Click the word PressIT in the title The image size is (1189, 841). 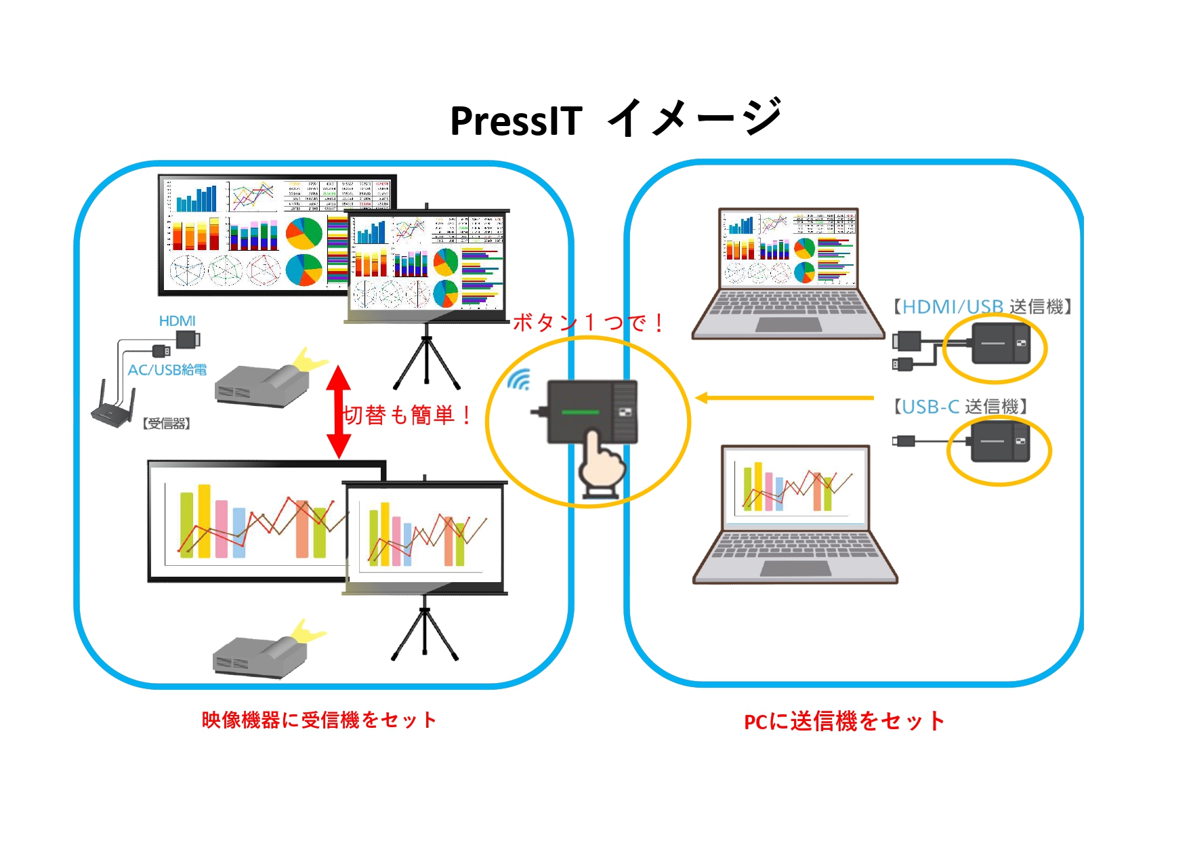[516, 121]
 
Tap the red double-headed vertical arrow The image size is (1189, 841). [339, 411]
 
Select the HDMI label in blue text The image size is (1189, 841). [177, 321]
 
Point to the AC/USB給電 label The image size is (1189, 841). [167, 370]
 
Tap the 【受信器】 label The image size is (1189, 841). [167, 424]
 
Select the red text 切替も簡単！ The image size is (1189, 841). [407, 415]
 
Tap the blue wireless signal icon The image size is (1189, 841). [520, 380]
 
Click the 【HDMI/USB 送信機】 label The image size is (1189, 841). [982, 307]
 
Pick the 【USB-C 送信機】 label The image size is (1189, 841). [961, 407]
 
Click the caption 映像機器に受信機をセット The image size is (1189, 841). [319, 720]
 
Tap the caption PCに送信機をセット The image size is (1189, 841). [844, 721]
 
